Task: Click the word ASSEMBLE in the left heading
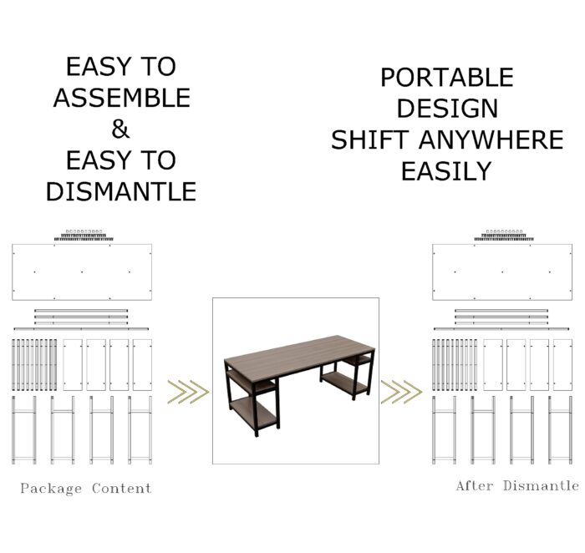coord(122,98)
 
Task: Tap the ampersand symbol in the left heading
coord(120,129)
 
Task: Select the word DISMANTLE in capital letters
coord(121,191)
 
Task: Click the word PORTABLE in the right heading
coord(447,77)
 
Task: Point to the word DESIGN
coord(447,109)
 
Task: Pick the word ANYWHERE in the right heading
coord(491,140)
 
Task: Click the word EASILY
coord(446,171)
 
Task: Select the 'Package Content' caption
coord(86,488)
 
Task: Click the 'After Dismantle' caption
coord(517,486)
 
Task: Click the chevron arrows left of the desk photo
coord(188,392)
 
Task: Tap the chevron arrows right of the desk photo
coord(401,392)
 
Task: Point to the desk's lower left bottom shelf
coord(254,410)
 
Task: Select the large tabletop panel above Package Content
coord(82,271)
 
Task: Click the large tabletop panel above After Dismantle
coord(502,271)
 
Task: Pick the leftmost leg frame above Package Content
coord(24,430)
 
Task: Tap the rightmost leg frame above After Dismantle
coord(561,430)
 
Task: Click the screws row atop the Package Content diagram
coord(84,236)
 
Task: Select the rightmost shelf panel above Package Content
coord(143,365)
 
